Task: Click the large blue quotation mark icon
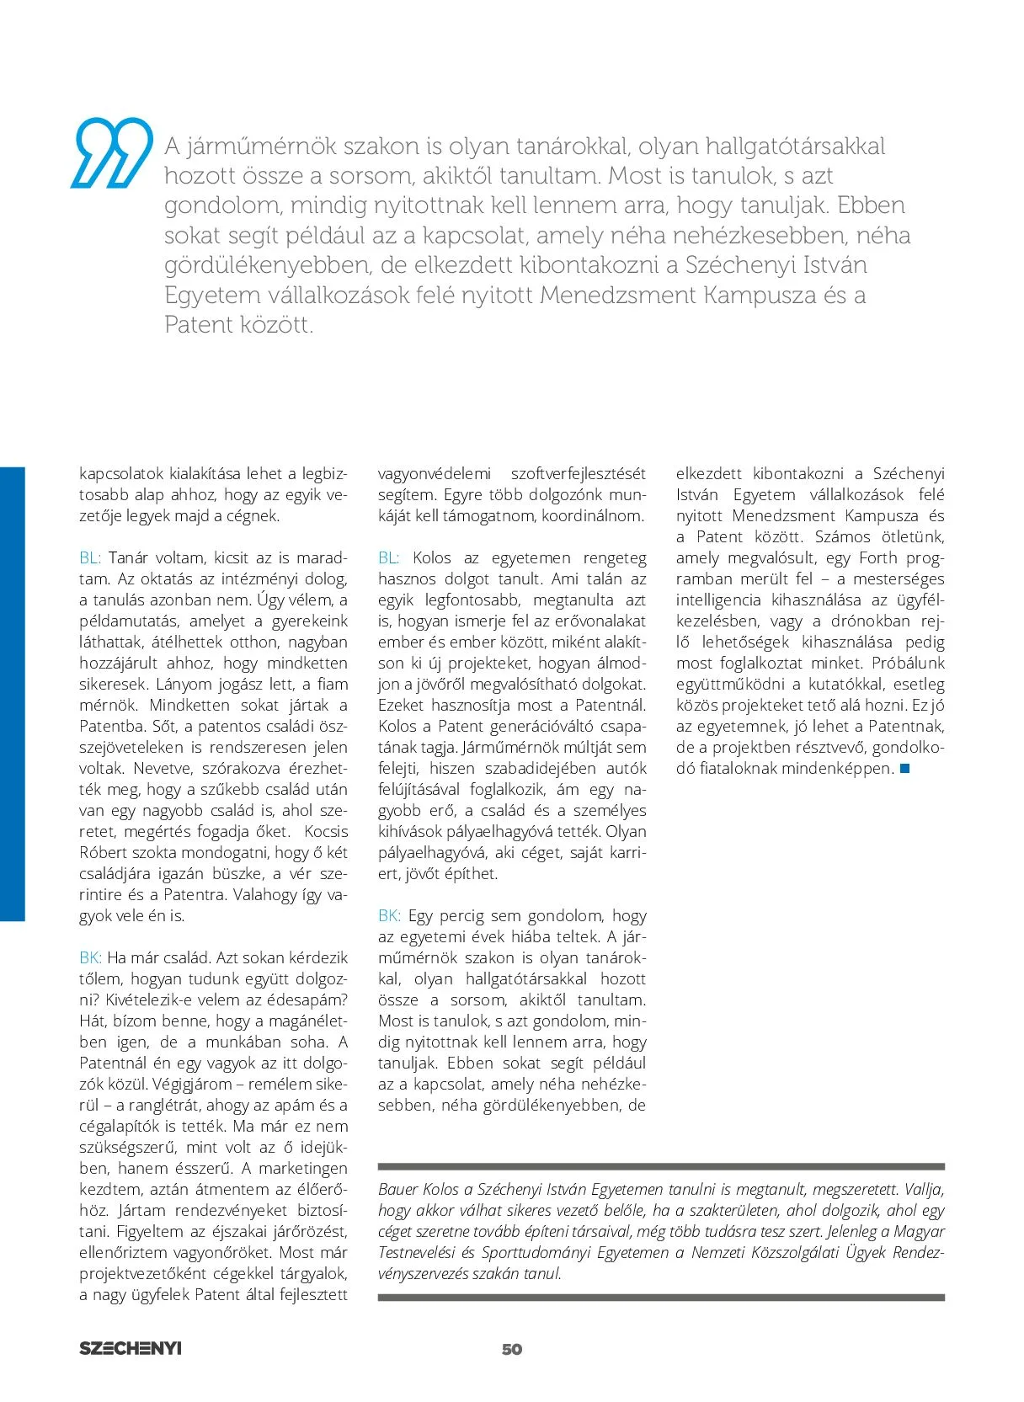click(x=115, y=152)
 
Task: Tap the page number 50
click(x=512, y=1349)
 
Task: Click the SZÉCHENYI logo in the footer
click(x=131, y=1348)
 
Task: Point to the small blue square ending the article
click(x=905, y=768)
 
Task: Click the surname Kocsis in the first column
click(x=325, y=831)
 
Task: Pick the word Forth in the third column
click(x=877, y=557)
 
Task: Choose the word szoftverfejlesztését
click(x=579, y=473)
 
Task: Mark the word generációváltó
click(x=542, y=726)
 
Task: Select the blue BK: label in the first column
click(x=90, y=957)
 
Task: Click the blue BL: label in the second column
click(x=389, y=557)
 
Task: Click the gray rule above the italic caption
click(x=661, y=1167)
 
